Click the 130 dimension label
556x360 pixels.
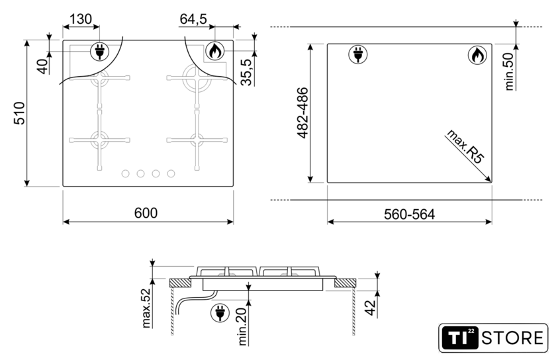click(x=81, y=19)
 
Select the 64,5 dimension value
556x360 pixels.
click(x=193, y=19)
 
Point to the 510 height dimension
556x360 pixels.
click(x=20, y=113)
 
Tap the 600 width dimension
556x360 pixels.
click(x=146, y=213)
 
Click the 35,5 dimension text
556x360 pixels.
click(x=246, y=72)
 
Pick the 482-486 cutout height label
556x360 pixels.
click(x=303, y=112)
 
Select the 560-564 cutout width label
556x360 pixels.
click(x=409, y=214)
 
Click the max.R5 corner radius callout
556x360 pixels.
click(x=465, y=146)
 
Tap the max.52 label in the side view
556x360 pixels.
click(x=146, y=308)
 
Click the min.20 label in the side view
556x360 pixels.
click(x=242, y=326)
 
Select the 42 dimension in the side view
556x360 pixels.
click(x=369, y=308)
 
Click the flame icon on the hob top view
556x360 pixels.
click(x=214, y=51)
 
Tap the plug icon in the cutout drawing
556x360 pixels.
click(x=358, y=55)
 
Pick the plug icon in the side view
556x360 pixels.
click(x=220, y=313)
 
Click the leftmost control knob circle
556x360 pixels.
click(x=125, y=173)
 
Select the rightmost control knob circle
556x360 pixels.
click(x=171, y=173)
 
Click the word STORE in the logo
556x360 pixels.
click(x=512, y=338)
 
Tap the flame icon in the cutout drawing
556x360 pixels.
click(x=477, y=56)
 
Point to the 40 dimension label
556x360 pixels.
click(x=43, y=66)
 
